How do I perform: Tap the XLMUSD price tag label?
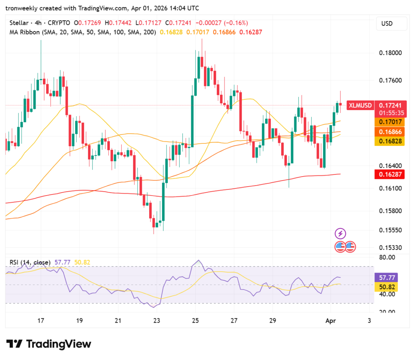pos(360,105)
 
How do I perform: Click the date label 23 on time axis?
pos(157,321)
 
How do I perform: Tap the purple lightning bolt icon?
pos(340,234)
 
